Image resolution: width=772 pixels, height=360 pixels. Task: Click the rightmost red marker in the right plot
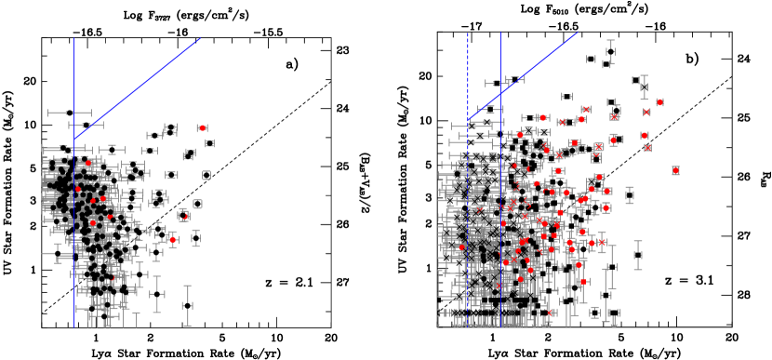pos(675,170)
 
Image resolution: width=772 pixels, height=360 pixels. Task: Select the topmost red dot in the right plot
pos(659,102)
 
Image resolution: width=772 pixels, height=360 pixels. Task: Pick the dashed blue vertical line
pos(467,186)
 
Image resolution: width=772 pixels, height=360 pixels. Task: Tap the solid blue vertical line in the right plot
pos(501,233)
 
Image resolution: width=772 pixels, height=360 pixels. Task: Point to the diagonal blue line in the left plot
pos(140,88)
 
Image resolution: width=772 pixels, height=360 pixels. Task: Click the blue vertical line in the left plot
pos(74,233)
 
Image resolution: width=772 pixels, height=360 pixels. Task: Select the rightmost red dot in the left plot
pos(202,127)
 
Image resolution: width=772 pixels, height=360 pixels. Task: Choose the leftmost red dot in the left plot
pos(79,190)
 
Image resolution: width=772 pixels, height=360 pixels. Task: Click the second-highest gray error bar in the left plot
pos(86,124)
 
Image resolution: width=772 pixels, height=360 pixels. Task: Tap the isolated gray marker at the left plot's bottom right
pos(187,305)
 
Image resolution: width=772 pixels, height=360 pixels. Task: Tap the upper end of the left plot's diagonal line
pos(201,38)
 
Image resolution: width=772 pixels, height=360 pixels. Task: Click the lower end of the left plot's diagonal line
pos(74,140)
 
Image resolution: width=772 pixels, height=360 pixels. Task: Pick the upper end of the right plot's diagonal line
pos(578,33)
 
